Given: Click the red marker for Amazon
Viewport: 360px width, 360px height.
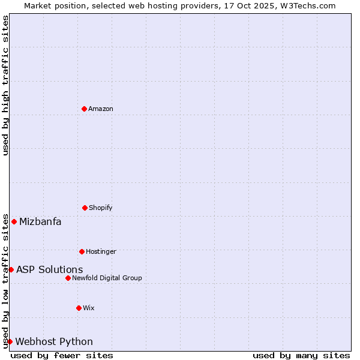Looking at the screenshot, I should pos(84,109).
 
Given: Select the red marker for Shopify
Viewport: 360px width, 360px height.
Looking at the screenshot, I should pos(85,208).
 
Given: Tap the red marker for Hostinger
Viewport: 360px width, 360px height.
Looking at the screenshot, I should pos(82,251).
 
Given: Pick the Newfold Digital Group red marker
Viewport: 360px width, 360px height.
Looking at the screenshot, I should pos(68,278).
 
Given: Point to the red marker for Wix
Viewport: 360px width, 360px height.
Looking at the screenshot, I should pos(79,308).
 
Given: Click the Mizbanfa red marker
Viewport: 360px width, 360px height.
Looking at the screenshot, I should pos(14,221).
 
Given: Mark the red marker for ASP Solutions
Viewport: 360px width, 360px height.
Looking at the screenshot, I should pos(11,269).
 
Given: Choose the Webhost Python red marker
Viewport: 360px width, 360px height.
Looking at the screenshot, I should pos(10,341).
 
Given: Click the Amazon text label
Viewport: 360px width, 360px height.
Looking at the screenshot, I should pos(101,109).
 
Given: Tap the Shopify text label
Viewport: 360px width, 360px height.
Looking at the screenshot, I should pos(101,208).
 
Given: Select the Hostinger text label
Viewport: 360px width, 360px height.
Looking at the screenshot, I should pos(101,252).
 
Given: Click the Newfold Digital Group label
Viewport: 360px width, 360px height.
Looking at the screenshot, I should pos(107,278).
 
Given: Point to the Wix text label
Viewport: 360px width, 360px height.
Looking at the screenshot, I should pos(89,308).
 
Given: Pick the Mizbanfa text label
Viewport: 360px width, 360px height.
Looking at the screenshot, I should pos(40,222).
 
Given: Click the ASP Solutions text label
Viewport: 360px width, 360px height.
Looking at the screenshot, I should pos(50,270).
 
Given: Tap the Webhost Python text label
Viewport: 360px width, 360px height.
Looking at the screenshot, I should pos(54,342).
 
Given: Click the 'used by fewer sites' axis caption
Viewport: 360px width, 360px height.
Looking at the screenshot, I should pos(62,355).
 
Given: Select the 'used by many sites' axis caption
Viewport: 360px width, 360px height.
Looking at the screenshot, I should pos(301,355).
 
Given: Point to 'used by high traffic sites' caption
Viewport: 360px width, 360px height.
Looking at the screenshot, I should pos(6,85).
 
